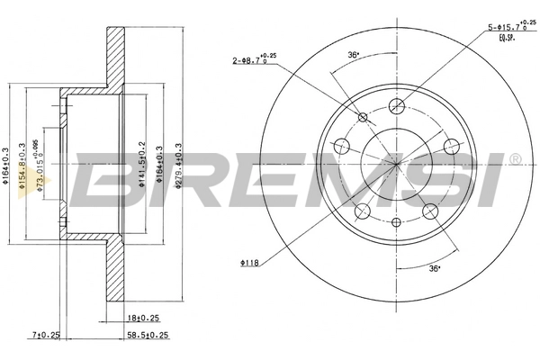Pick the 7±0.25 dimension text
click(44, 336)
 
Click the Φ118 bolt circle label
click(250, 263)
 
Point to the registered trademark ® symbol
click(515, 159)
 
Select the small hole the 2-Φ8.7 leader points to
click(363, 117)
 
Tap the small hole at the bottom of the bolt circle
click(396, 220)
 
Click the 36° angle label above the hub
click(354, 55)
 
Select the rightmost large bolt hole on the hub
click(449, 146)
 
